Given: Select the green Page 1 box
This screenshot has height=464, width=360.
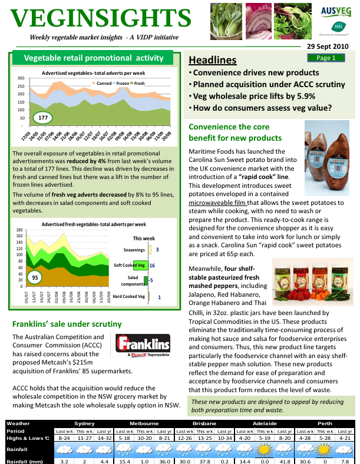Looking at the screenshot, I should click(326, 58).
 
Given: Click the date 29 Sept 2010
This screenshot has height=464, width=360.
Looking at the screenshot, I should click(328, 46).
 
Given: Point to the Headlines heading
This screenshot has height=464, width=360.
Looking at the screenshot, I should click(213, 60).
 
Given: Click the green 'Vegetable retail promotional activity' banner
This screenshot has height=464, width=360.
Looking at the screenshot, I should click(92, 58).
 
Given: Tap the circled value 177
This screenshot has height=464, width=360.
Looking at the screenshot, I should click(42, 118).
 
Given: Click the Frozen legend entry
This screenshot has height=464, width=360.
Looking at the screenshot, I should click(121, 84).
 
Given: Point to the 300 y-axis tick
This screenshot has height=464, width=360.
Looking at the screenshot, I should click(21, 78).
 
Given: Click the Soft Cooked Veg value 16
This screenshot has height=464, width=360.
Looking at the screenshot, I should click(151, 266).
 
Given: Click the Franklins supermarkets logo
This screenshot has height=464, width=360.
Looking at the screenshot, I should click(143, 346).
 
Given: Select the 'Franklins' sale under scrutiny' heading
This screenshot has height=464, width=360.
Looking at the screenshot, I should click(67, 324).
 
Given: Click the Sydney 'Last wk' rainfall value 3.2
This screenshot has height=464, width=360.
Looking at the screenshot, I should click(65, 460).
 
